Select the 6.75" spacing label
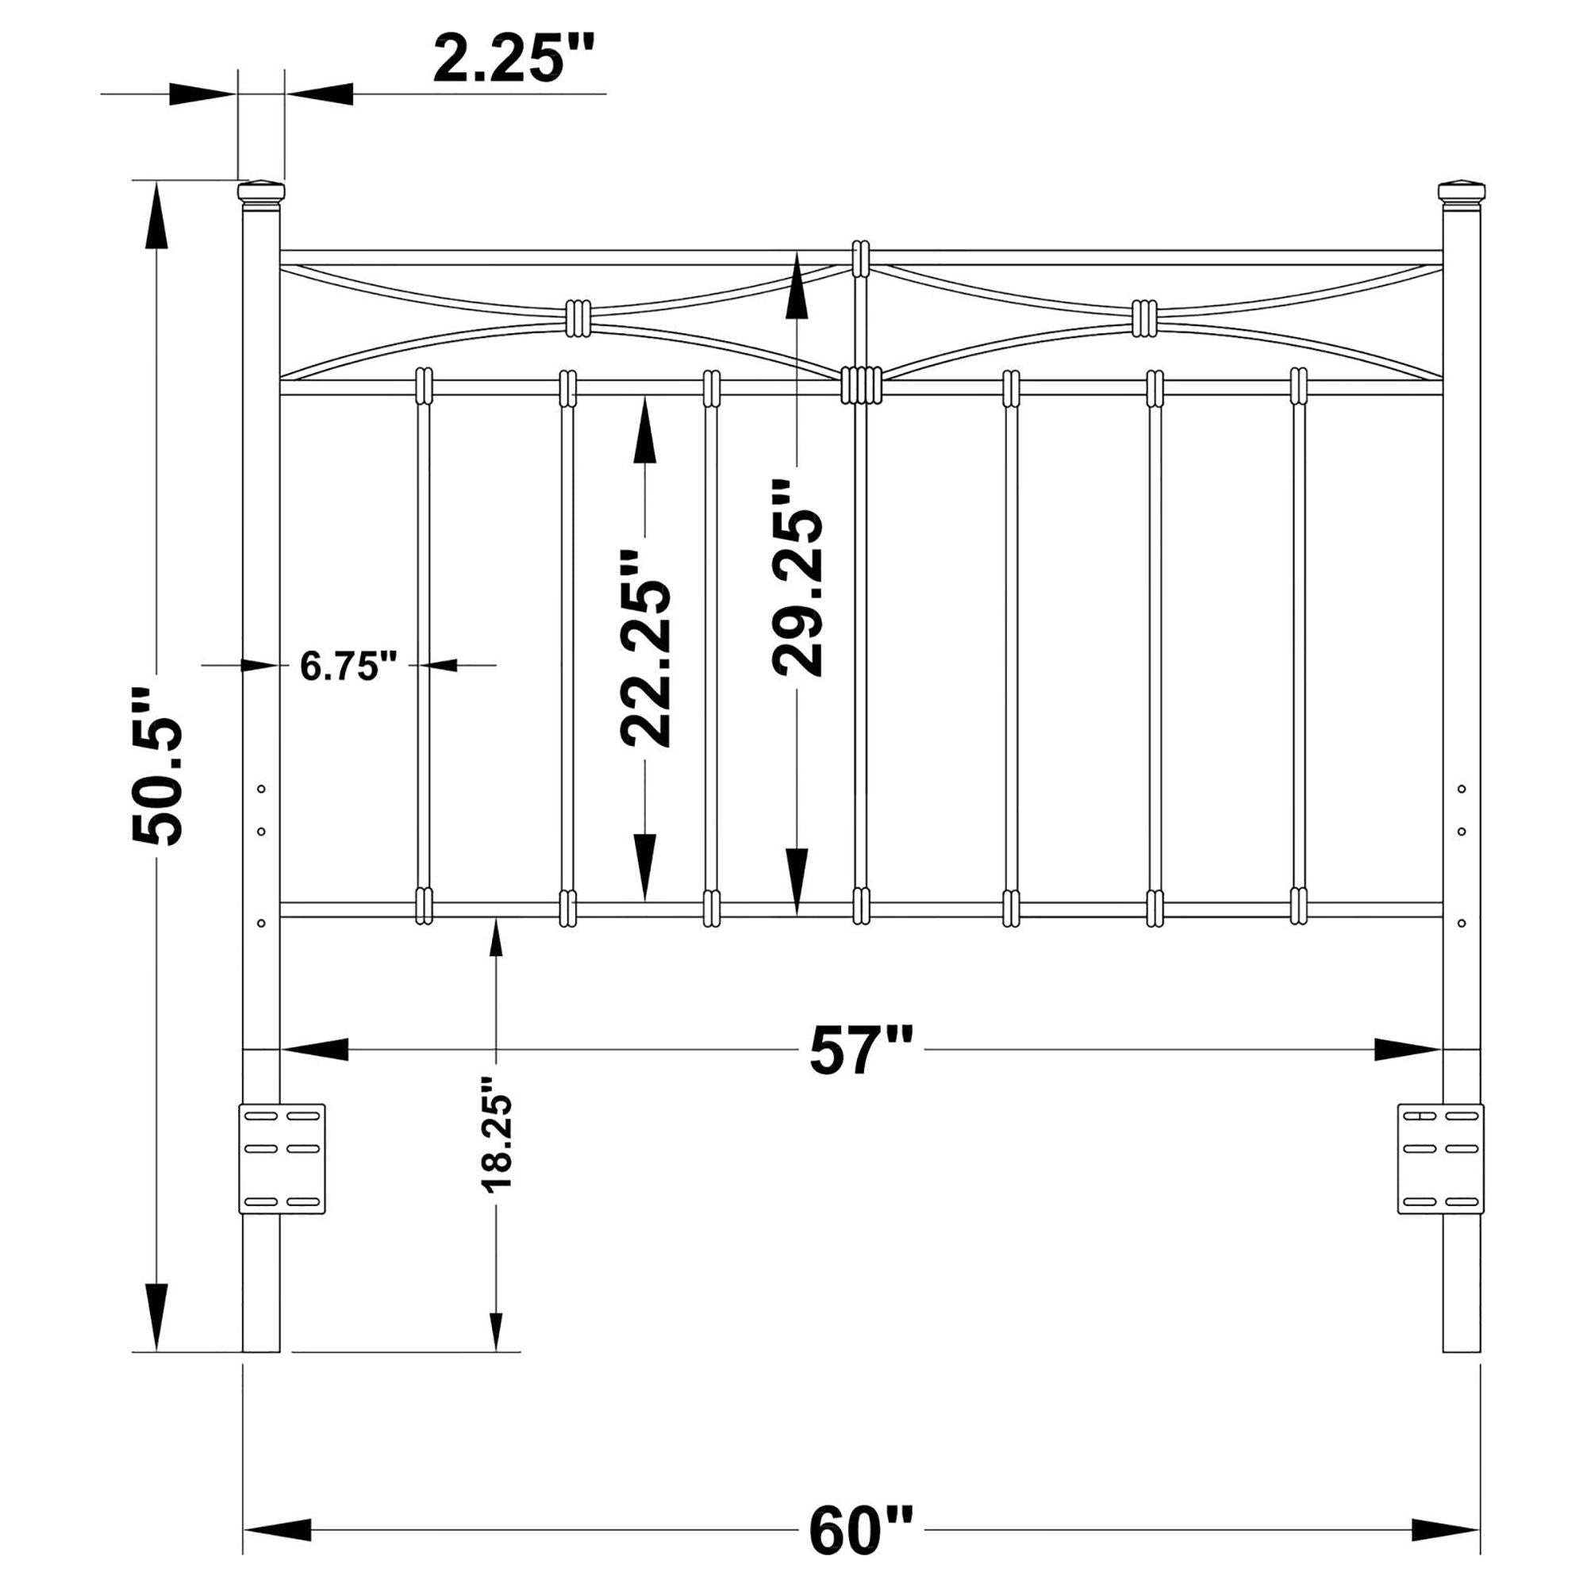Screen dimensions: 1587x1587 [348, 666]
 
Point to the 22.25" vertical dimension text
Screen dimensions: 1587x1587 [646, 649]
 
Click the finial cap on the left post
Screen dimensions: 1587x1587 [261, 192]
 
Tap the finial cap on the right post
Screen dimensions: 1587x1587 [1462, 192]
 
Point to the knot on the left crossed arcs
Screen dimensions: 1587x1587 [578, 318]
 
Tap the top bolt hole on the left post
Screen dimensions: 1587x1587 [261, 790]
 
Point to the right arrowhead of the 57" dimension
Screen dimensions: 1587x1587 [1408, 1050]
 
